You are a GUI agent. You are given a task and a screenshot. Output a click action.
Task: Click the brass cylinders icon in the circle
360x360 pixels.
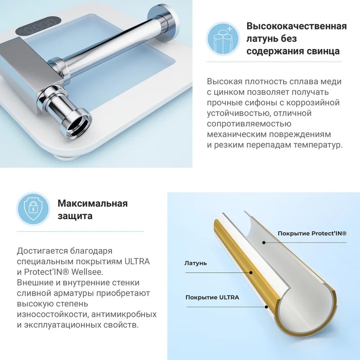[x=223, y=38]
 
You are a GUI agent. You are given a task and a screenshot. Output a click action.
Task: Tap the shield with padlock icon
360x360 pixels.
[x=33, y=209]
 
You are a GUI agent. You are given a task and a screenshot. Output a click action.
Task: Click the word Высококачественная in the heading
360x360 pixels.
[x=297, y=26]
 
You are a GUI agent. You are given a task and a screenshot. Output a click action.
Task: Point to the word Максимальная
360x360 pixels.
[x=93, y=203]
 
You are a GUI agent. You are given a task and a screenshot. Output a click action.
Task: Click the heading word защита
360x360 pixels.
[x=75, y=216]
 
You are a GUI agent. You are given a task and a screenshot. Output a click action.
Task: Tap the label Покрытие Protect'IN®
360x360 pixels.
[x=312, y=234]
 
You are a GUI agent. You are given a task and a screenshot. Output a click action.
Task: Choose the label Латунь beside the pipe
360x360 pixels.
[x=196, y=263]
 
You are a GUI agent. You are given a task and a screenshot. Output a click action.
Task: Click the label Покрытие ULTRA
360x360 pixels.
[x=212, y=297]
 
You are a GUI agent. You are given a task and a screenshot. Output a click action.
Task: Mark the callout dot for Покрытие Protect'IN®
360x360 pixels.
[x=264, y=243]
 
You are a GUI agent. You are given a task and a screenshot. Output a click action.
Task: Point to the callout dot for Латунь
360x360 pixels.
[x=251, y=273]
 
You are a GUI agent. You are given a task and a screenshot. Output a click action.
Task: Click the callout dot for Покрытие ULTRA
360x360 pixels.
[x=266, y=307]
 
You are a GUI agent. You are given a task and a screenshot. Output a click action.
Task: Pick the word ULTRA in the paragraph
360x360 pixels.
[x=137, y=261]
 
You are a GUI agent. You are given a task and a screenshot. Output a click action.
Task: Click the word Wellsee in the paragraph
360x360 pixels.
[x=87, y=272]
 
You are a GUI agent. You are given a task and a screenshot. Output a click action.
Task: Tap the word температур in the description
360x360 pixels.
[x=318, y=145]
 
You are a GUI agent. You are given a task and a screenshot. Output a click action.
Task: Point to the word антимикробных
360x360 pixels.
[x=124, y=314]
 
